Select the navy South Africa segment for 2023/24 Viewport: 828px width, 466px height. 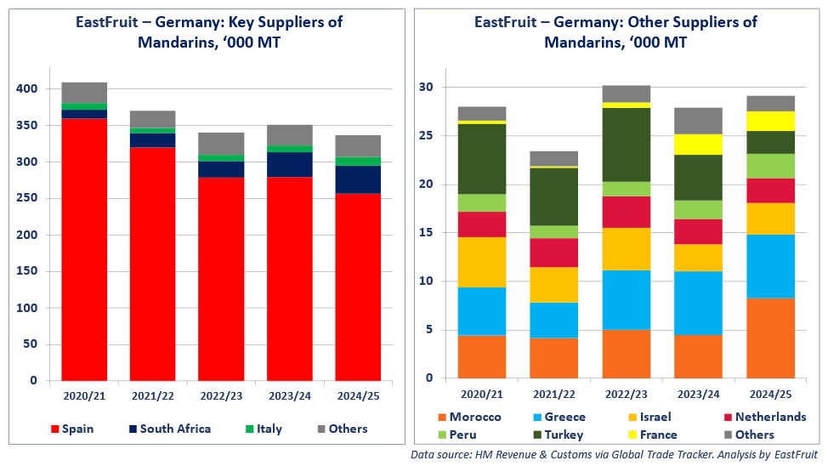pos(290,165)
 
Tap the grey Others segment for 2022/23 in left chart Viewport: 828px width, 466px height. pos(221,144)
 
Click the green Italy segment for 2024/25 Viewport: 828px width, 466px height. pos(358,162)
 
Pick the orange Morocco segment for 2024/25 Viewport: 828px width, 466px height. pos(770,338)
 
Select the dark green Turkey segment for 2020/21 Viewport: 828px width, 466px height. pos(482,159)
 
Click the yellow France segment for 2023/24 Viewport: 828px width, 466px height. pos(698,144)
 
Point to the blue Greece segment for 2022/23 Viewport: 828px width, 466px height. pos(626,299)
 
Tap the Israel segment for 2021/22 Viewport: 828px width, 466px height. pos(554,285)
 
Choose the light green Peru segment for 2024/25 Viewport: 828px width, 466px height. pos(770,166)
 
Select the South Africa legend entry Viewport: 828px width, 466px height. pos(174,429)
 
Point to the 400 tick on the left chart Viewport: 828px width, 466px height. pos(27,89)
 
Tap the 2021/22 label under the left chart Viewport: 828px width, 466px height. pos(152,395)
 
